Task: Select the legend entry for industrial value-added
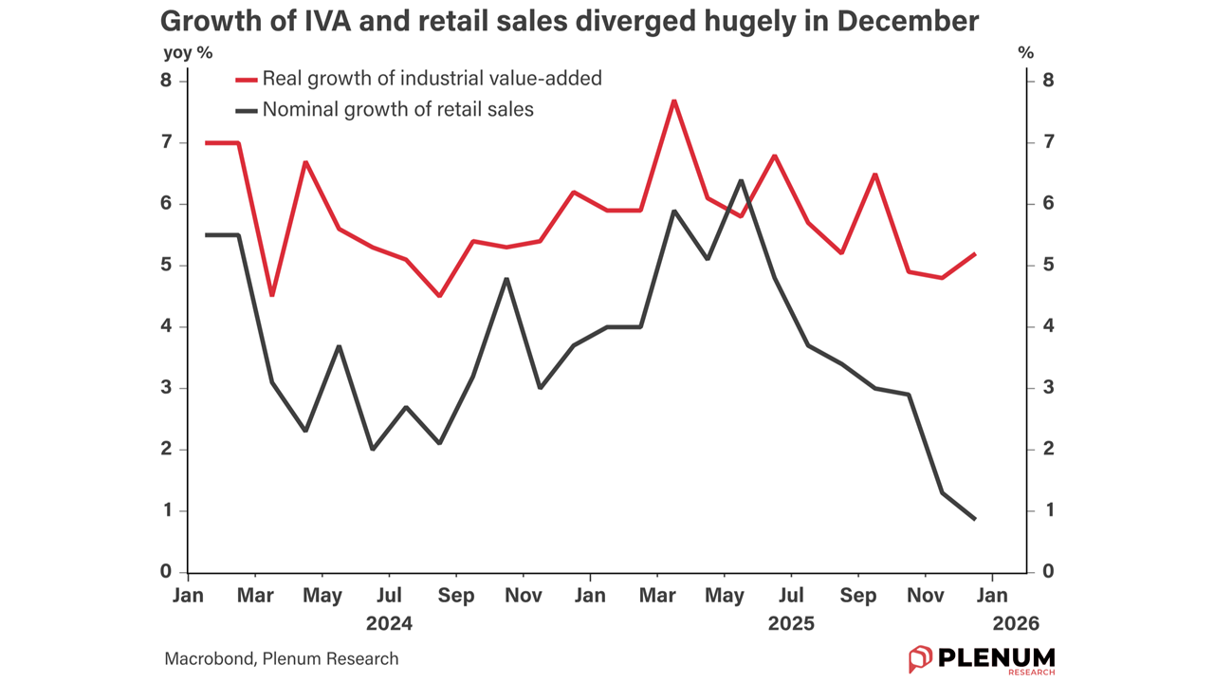[x=432, y=79]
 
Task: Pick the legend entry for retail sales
[x=397, y=110]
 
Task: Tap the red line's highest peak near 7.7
[x=673, y=101]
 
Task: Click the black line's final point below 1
[x=975, y=519]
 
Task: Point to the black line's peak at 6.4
[x=741, y=180]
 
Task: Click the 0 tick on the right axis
[x=1048, y=572]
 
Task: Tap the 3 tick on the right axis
[x=1048, y=388]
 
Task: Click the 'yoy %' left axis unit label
[x=188, y=53]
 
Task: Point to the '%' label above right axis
[x=1025, y=53]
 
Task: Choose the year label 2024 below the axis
[x=389, y=624]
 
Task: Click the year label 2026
[x=1016, y=624]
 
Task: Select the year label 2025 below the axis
[x=791, y=624]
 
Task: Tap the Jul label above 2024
[x=389, y=596]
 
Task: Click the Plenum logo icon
[x=920, y=658]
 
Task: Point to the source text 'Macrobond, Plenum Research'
[x=282, y=658]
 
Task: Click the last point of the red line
[x=975, y=254]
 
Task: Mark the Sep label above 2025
[x=858, y=596]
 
